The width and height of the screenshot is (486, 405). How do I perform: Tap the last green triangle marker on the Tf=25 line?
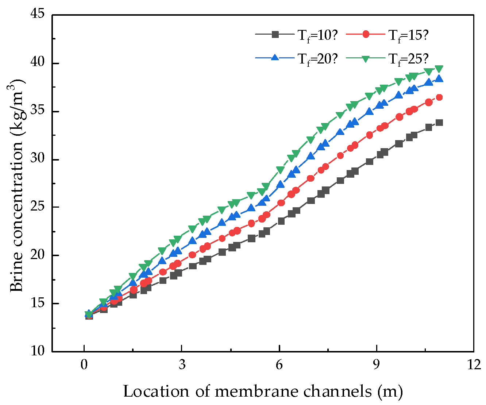(x=439, y=69)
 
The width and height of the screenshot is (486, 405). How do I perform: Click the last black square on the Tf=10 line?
(x=439, y=123)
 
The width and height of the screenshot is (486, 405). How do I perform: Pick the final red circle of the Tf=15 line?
(x=439, y=97)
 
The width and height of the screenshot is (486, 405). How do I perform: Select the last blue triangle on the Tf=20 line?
(x=439, y=79)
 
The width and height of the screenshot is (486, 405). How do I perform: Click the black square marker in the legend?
(x=276, y=35)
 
